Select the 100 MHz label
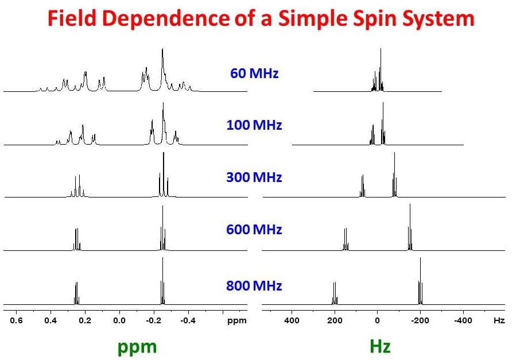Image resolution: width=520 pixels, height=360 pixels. pos(254,125)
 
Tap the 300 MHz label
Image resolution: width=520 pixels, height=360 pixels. pos(254,177)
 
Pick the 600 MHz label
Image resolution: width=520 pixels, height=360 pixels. pos(254,230)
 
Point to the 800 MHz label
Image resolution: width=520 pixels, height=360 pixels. pos(254,285)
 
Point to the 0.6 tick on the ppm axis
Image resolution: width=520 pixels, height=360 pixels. pos(17,320)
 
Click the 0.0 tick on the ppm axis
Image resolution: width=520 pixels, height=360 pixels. pos(119,320)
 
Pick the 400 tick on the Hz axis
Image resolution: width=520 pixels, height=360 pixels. pos(292,320)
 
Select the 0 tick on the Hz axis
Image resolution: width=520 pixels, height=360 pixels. pos(377,320)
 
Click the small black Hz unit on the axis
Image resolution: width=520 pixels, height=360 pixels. pos(499,320)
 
